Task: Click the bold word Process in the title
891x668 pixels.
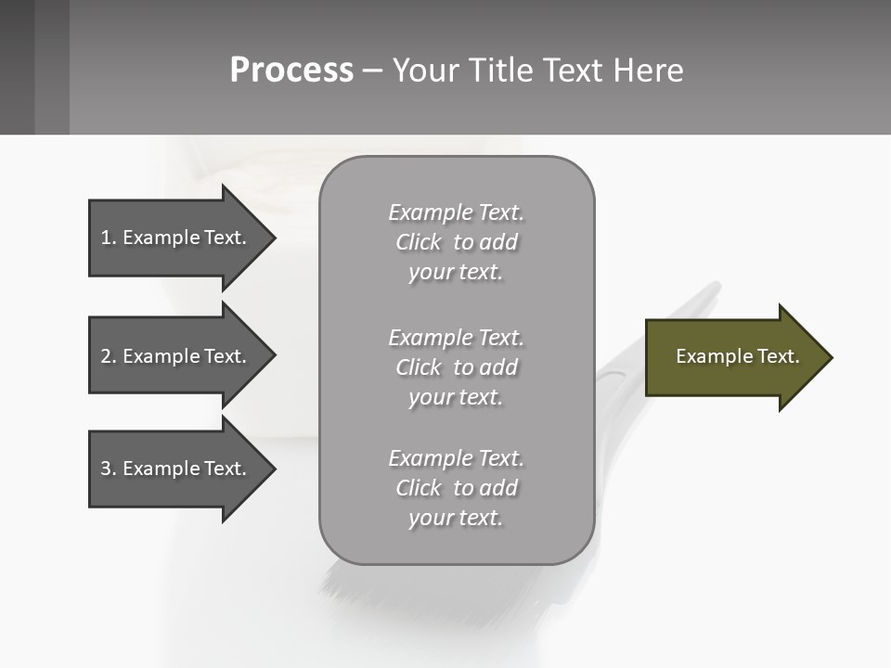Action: tap(291, 71)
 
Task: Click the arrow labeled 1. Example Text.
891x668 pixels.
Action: tap(176, 238)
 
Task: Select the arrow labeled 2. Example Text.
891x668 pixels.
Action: tap(176, 356)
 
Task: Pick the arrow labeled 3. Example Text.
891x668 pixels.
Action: tap(176, 469)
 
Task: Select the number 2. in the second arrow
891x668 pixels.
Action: tap(108, 356)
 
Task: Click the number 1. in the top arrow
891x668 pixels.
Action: tap(108, 238)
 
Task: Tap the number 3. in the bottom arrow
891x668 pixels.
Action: tap(108, 469)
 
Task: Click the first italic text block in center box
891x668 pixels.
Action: tap(456, 242)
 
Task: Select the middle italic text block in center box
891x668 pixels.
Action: tap(456, 367)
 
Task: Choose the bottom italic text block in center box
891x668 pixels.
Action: tap(456, 488)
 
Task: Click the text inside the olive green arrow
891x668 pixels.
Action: tap(737, 356)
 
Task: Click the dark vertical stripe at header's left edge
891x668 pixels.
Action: tap(17, 67)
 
